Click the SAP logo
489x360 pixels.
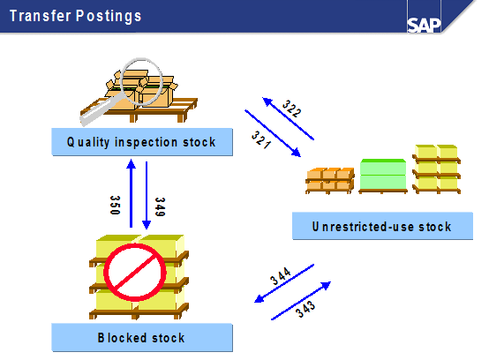[424, 25]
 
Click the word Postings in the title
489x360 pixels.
[109, 16]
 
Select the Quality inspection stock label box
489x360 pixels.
[142, 142]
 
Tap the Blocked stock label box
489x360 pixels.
[142, 338]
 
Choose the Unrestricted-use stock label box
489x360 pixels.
[382, 226]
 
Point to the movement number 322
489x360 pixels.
[291, 109]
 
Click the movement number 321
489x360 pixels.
[261, 139]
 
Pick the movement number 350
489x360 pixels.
[115, 205]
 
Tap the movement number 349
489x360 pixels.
[160, 206]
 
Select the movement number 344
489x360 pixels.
[281, 276]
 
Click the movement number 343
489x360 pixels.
[305, 309]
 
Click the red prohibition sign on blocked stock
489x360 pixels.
[135, 272]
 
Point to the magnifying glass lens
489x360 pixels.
[141, 81]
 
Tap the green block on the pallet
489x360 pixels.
[383, 174]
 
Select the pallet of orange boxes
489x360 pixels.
[330, 181]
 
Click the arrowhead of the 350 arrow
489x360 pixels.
[131, 164]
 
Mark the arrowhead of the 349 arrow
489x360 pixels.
[147, 225]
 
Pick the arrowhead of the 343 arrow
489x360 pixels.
[326, 285]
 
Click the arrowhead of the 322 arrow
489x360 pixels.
[267, 101]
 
